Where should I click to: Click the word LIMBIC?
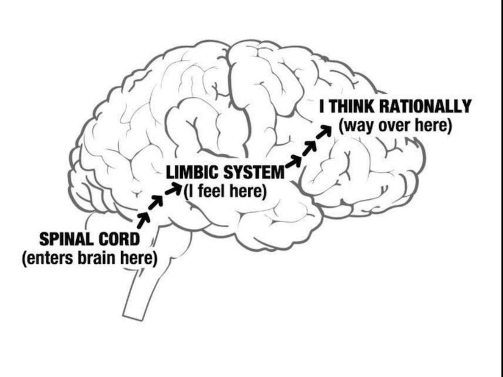click(x=190, y=173)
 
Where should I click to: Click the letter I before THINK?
click(x=322, y=106)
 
